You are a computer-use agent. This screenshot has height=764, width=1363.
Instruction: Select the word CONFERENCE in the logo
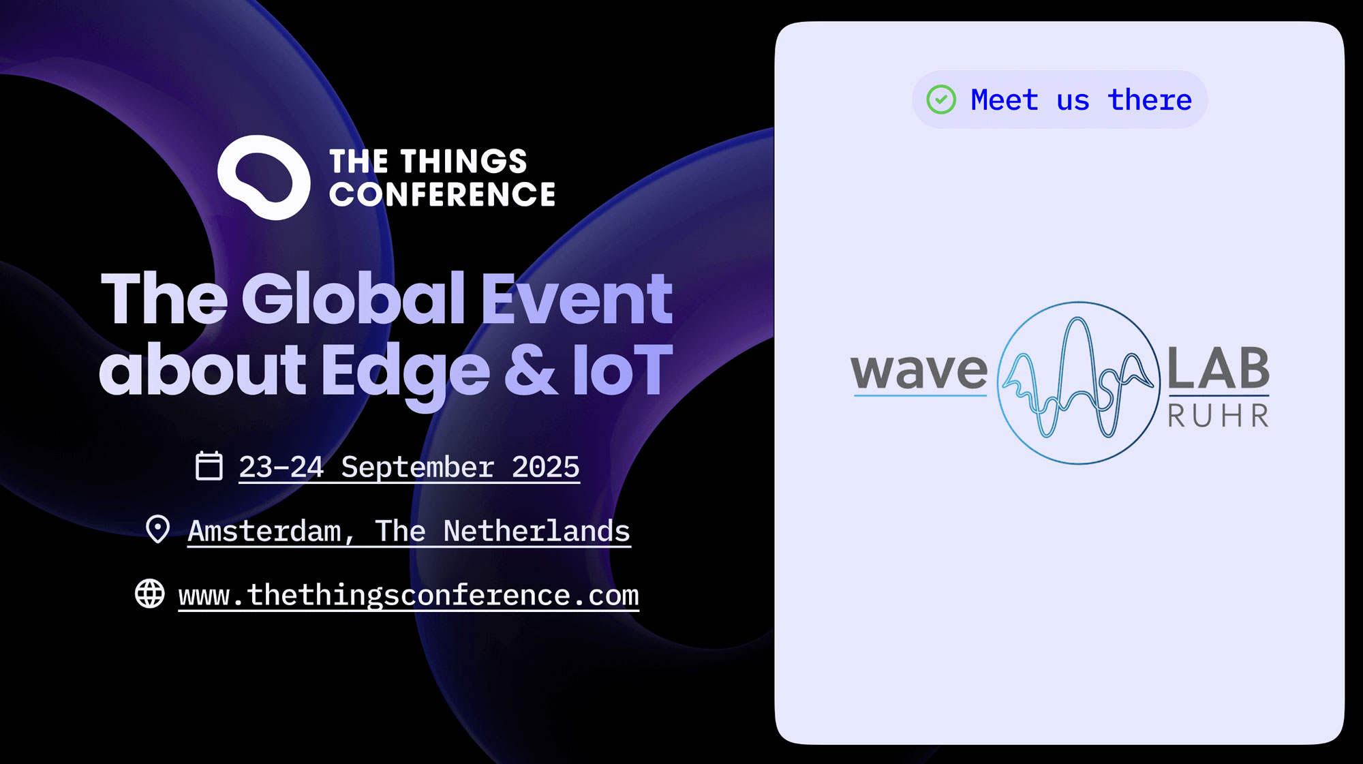pos(442,194)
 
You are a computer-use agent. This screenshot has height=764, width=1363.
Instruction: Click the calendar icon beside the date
pos(209,466)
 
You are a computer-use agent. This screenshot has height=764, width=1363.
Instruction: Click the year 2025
pos(545,468)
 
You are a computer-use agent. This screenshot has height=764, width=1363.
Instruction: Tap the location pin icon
pos(158,529)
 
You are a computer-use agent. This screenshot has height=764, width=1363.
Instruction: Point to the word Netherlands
pos(537,531)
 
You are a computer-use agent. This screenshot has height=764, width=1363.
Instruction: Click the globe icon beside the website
pos(150,594)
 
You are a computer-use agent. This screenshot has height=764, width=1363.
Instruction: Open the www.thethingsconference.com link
pos(409,596)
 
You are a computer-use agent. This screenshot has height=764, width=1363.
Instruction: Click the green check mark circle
pos(941,100)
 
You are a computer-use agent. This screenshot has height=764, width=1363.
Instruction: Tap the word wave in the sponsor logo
pos(919,371)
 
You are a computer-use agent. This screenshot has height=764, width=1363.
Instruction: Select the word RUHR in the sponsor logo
pos(1219,416)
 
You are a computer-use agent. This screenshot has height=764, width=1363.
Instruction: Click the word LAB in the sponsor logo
pos(1219,368)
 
